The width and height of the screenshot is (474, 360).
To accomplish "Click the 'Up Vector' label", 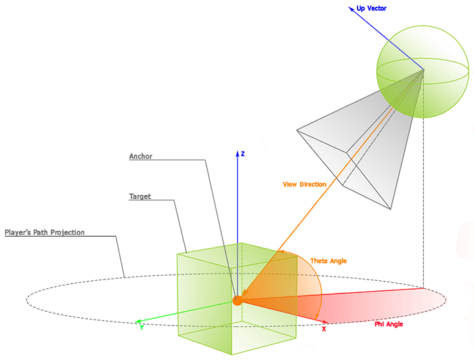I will (x=372, y=8).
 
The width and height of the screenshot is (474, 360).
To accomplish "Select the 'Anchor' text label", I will (x=141, y=156).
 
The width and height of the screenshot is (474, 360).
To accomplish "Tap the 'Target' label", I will (x=140, y=197).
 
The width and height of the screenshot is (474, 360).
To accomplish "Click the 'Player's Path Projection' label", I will (x=45, y=233).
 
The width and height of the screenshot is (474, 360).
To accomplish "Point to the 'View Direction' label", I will (x=304, y=184).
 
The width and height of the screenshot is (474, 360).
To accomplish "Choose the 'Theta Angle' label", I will (x=328, y=261).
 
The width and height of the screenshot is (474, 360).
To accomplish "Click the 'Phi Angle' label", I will (x=389, y=324).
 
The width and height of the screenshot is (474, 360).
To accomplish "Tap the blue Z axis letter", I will (x=242, y=154).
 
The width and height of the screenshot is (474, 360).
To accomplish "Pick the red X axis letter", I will (x=324, y=329).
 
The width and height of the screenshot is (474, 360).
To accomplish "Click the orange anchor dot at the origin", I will (x=237, y=300).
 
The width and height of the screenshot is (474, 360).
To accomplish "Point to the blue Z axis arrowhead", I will (x=237, y=154).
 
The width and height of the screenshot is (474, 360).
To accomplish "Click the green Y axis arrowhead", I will (x=137, y=322).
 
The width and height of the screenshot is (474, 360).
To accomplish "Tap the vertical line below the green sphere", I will (x=424, y=203).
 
